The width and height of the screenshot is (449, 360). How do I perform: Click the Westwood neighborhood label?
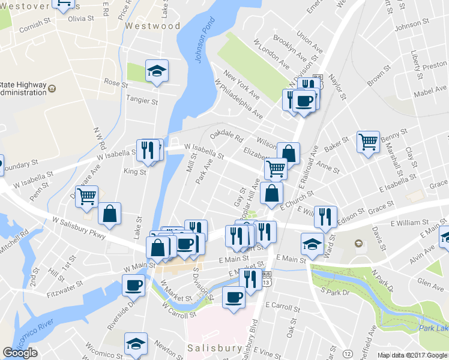tap(152, 26)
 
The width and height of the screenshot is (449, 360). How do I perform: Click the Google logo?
tap(20, 353)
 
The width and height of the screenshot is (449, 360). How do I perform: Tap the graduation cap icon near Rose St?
tap(157, 71)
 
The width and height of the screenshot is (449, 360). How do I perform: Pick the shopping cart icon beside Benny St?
tap(369, 142)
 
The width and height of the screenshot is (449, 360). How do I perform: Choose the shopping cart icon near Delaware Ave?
tap(87, 196)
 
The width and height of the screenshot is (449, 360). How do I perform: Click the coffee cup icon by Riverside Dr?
tap(133, 284)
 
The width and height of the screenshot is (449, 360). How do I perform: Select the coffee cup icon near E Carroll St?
tap(234, 296)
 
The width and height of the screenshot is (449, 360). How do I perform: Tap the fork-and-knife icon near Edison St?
tap(325, 217)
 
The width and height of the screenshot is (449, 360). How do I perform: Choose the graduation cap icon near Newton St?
tap(136, 343)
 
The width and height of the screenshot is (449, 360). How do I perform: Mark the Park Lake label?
tap(434, 328)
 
